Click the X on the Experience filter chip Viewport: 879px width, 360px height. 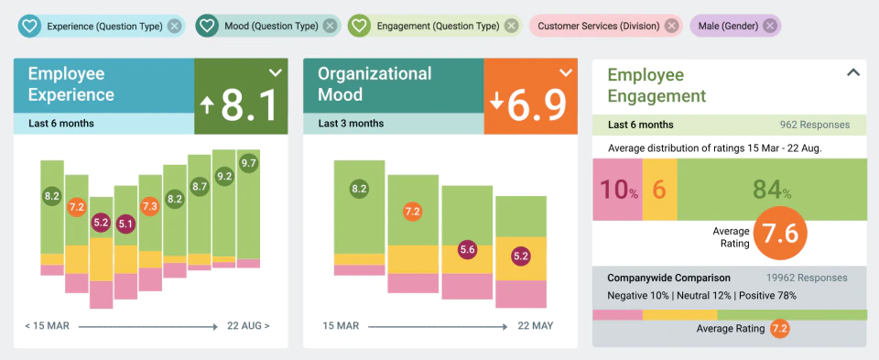pos(175,26)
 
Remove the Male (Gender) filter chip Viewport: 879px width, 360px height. pos(770,26)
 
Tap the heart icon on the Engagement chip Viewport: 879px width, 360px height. pos(359,26)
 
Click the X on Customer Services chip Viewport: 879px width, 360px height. pos(671,26)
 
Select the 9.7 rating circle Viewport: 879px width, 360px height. pos(248,164)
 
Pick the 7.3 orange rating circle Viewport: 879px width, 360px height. pos(149,205)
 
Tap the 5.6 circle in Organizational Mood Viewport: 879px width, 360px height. pos(467,250)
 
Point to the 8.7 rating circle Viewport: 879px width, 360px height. pos(200,187)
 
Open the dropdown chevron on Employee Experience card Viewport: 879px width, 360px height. pos(276,72)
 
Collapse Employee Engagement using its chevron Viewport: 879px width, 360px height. pos(852,72)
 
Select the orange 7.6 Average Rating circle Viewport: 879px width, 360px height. pos(780,234)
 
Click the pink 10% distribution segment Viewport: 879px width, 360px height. pos(618,190)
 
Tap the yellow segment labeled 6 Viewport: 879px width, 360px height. pos(660,190)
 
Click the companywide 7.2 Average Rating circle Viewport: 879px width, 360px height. pos(779,329)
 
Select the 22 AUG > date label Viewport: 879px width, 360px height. pos(248,326)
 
